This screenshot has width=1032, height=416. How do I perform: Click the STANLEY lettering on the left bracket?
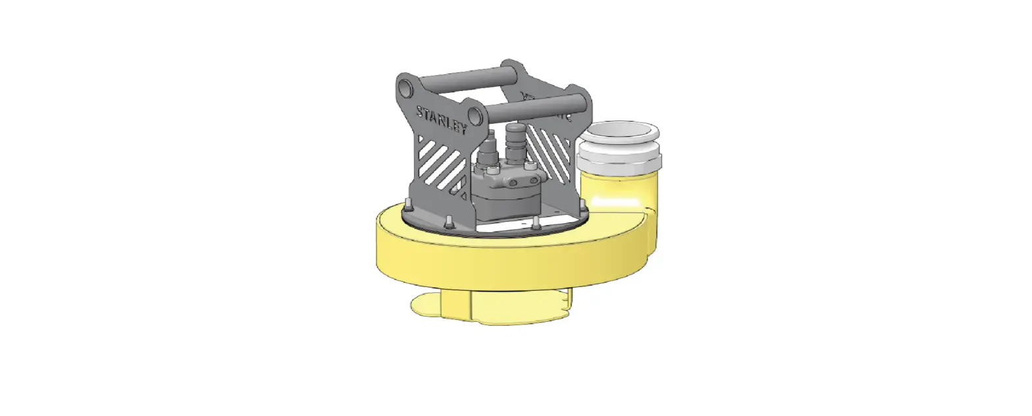441,120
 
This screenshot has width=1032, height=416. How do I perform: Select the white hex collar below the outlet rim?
620,160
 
